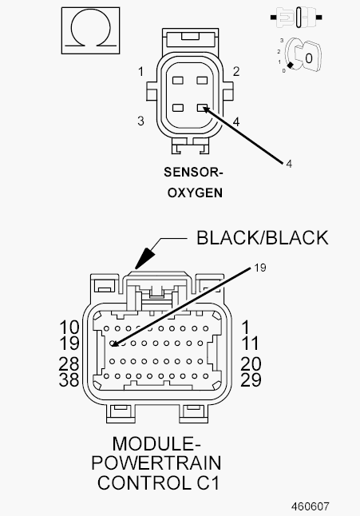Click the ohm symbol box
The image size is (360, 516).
90,30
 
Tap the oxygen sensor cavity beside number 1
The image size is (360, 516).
178,80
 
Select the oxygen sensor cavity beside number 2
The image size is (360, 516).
202,80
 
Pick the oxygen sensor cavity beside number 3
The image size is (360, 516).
178,108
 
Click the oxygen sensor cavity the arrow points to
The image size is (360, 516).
202,108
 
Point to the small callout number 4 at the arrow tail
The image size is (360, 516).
289,164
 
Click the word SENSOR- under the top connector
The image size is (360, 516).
193,173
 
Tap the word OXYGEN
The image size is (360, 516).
195,193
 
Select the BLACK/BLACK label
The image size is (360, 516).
263,237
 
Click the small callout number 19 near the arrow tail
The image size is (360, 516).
260,268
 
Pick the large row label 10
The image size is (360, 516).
69,327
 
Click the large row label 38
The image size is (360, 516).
69,379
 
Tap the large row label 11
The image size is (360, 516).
250,343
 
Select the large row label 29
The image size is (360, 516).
251,379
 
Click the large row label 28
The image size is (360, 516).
69,364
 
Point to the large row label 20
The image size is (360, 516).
251,364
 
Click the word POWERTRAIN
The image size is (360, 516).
156,463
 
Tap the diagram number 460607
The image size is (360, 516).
310,506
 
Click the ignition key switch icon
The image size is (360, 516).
301,55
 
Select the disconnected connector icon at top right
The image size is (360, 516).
296,17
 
